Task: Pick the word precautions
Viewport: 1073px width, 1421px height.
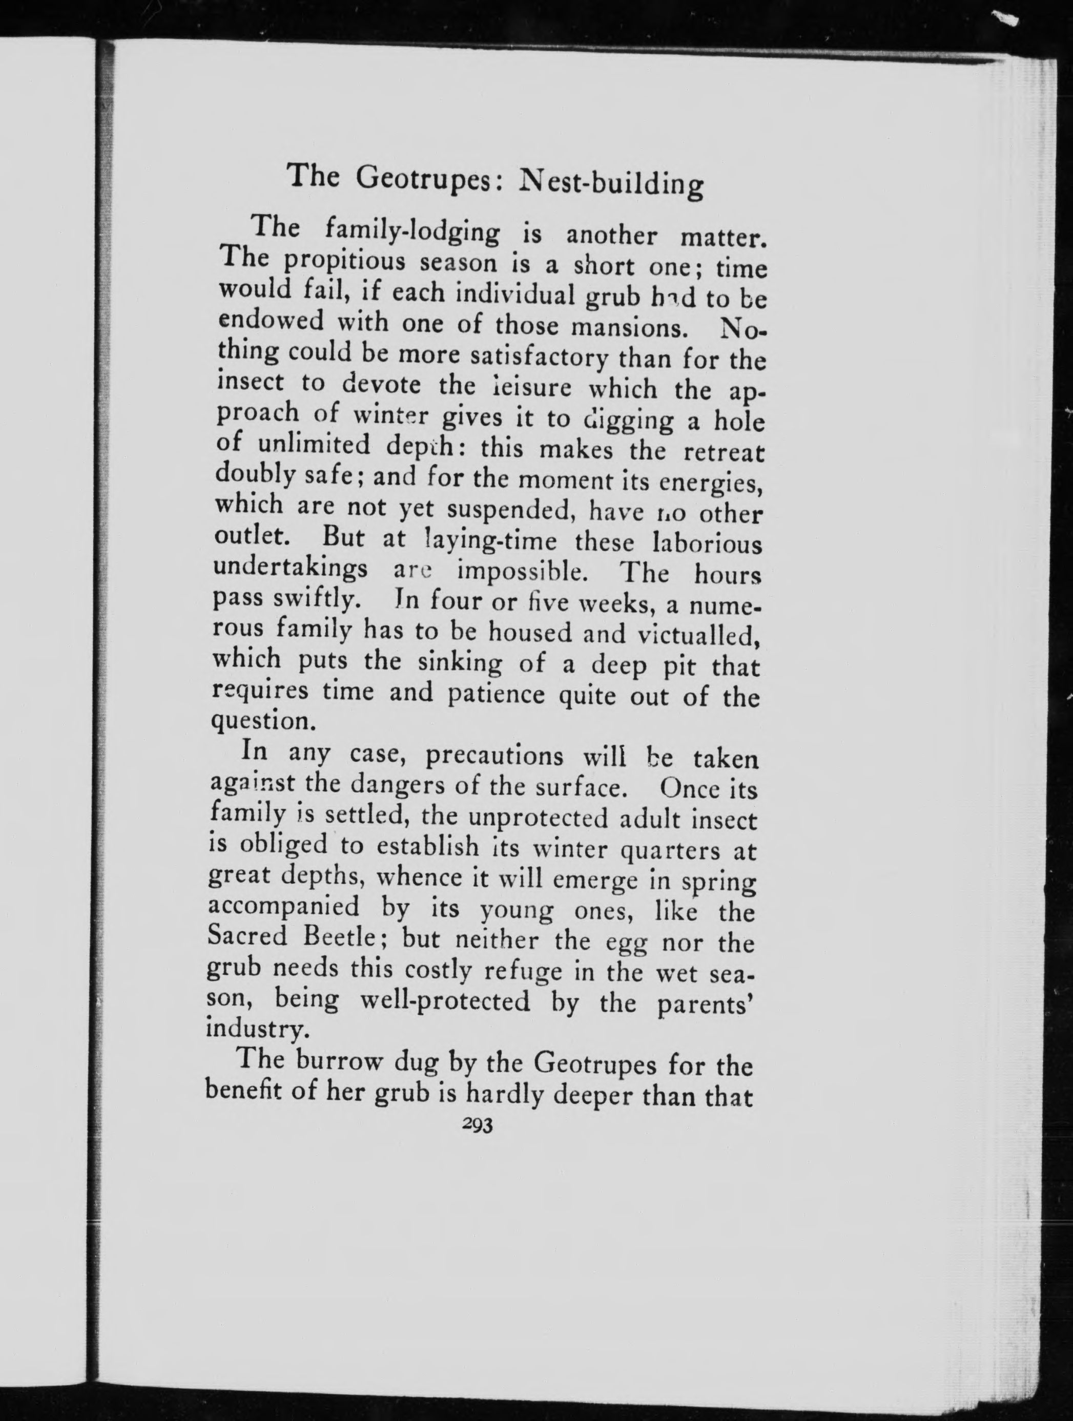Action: [494, 756]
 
